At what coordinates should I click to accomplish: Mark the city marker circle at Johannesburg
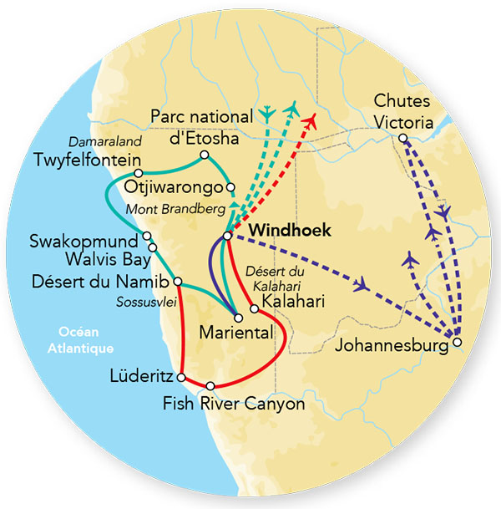tap(456, 340)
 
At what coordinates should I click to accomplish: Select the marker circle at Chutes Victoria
tap(402, 138)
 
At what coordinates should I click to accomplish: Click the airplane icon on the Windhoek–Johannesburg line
tap(361, 285)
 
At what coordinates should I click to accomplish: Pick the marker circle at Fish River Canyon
tap(210, 385)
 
